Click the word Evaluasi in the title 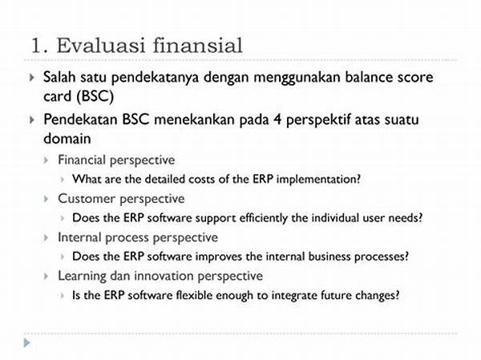click(x=101, y=46)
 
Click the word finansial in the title click(x=197, y=46)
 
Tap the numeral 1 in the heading click(x=37, y=46)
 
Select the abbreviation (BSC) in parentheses click(x=95, y=96)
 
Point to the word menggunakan click(x=297, y=78)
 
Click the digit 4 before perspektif click(x=277, y=119)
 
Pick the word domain click(x=67, y=139)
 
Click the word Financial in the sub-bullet click(x=82, y=160)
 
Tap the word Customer click(x=87, y=199)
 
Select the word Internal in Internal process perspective click(x=79, y=237)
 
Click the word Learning click(x=82, y=276)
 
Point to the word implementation click(x=318, y=179)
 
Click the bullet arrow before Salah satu click(x=31, y=77)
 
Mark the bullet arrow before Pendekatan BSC click(x=31, y=119)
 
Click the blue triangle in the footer click(x=27, y=342)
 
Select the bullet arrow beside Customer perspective click(x=46, y=199)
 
